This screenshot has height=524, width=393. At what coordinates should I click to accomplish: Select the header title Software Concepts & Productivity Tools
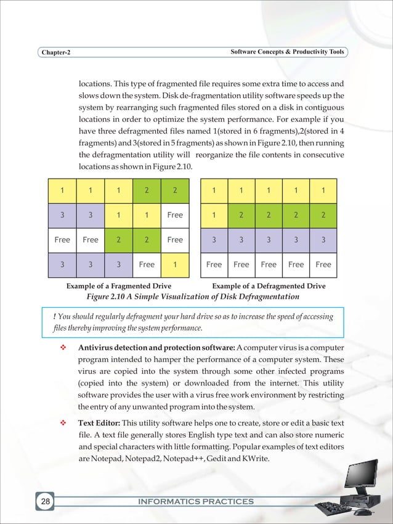[287, 52]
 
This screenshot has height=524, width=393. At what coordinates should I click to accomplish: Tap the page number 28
[46, 502]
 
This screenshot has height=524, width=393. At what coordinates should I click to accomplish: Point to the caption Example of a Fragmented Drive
[118, 286]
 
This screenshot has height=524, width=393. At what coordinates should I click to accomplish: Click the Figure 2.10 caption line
[193, 297]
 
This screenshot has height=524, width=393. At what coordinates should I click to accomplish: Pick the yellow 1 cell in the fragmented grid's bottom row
[176, 264]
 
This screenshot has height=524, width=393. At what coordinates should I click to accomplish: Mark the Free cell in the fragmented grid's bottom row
[147, 264]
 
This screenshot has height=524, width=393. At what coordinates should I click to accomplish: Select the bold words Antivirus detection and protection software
[155, 349]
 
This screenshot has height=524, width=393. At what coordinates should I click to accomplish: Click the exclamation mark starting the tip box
[55, 317]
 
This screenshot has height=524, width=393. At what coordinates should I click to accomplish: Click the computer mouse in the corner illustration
[365, 512]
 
